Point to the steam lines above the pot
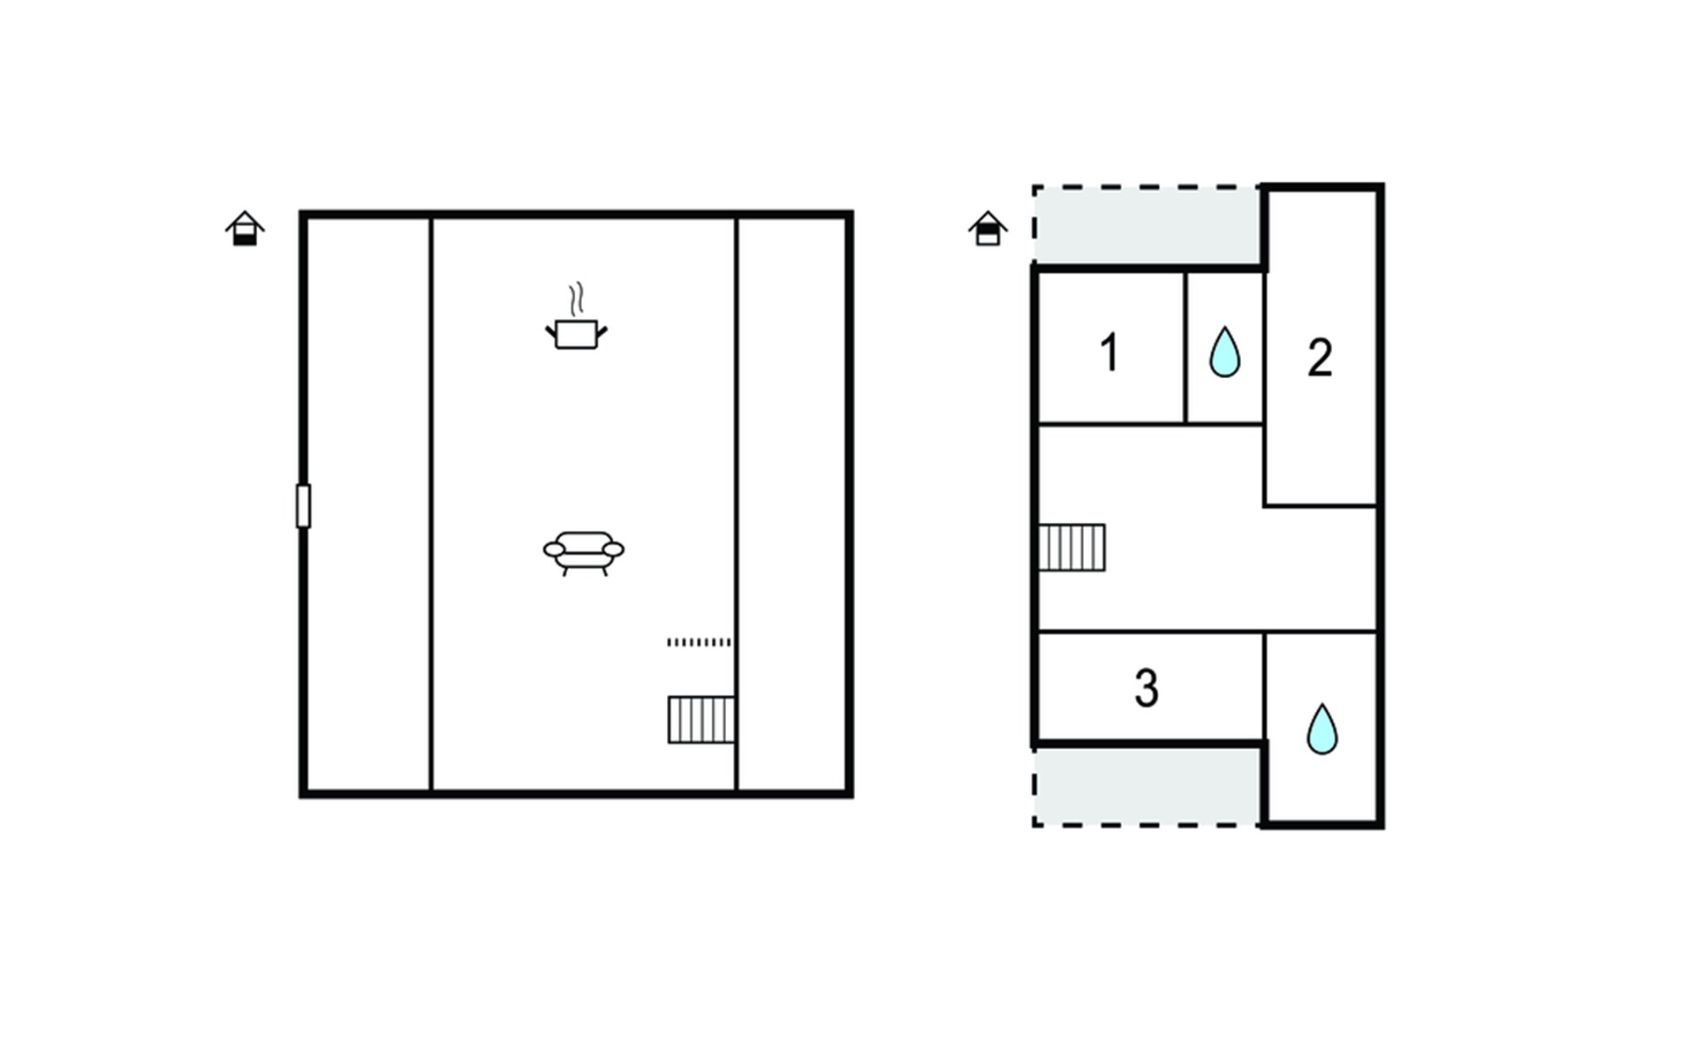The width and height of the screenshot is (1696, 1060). (577, 299)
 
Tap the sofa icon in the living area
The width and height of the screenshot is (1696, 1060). (583, 554)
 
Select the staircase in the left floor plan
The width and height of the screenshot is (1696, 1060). (701, 720)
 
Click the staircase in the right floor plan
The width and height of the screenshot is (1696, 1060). (1071, 548)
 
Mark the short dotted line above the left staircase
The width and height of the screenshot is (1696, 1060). (699, 642)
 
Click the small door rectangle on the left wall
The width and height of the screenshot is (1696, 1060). (303, 506)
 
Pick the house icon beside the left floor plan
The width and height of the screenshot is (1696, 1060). (245, 229)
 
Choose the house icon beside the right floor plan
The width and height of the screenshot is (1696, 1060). (988, 229)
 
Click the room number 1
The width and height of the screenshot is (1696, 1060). (1109, 352)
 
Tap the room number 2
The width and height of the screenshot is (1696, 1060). (1320, 358)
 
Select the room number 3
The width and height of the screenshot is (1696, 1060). (1147, 688)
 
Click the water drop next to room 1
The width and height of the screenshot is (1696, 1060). (1224, 352)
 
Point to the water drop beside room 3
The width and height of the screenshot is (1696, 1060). (1322, 729)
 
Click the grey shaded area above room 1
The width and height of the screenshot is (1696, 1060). (1147, 224)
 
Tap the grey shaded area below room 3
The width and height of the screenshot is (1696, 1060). (1147, 786)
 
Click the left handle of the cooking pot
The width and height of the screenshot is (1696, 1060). (551, 333)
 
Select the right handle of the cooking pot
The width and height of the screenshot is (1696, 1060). (602, 333)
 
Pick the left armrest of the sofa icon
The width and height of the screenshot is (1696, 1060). (554, 550)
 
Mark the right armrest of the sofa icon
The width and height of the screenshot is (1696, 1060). (613, 550)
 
